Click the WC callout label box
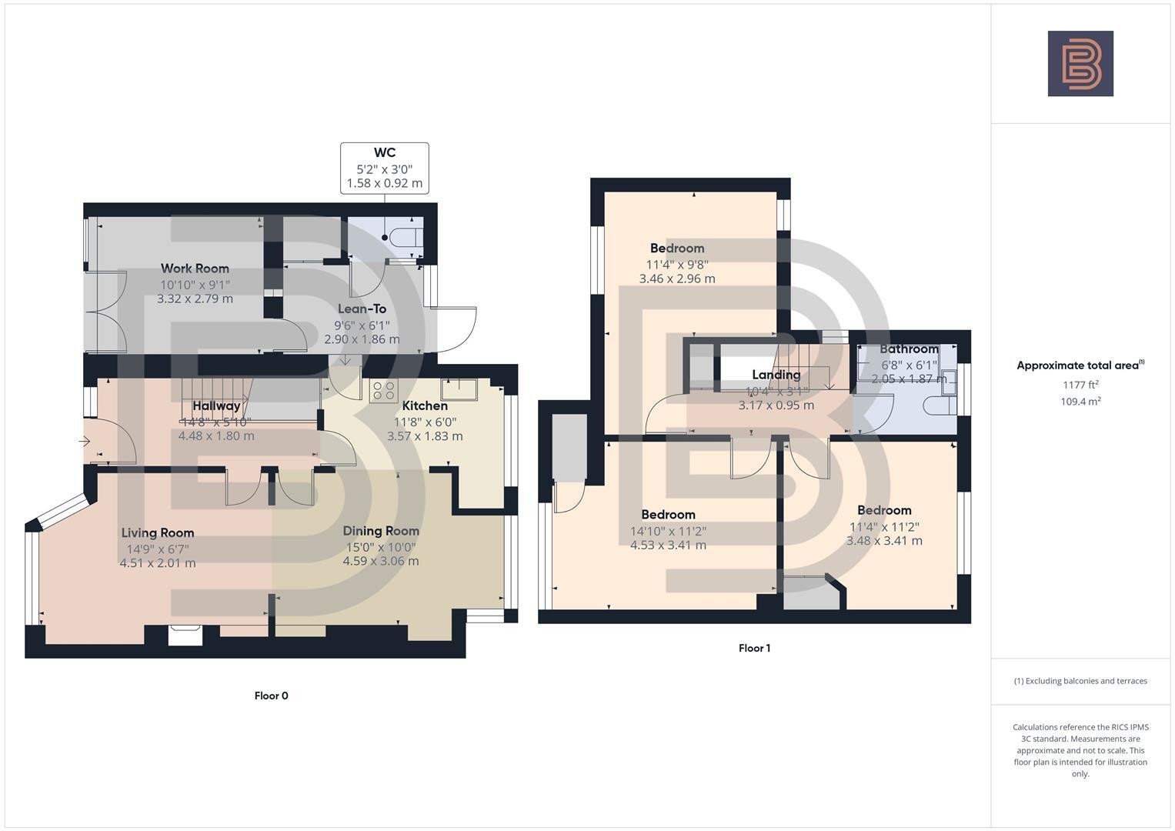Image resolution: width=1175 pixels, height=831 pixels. coord(385,168)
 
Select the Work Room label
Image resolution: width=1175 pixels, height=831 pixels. coord(195,269)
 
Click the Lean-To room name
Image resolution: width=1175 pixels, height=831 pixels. coord(362,309)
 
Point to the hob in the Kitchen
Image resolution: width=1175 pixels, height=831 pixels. coord(383,392)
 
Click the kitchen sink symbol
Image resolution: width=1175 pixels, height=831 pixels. coord(459,389)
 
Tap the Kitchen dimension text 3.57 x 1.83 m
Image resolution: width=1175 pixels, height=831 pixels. coord(425,436)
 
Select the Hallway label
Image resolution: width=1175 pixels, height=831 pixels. coord(216,406)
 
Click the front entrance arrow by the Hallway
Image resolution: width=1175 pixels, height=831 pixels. coord(85,442)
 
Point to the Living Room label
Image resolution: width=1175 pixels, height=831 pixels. coord(158,532)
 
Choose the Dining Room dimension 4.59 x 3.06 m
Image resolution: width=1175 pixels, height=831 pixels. coord(381,561)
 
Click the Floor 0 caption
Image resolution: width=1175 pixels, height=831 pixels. coord(271,696)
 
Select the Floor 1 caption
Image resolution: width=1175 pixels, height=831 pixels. coord(754,648)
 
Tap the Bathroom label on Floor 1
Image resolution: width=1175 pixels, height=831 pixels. coord(909,349)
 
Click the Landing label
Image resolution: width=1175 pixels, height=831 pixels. coord(776,375)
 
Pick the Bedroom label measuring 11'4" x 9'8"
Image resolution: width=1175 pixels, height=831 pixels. coord(677,249)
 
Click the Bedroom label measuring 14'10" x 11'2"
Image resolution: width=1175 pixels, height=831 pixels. coord(668,515)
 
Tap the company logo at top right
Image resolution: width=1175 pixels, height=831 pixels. coord(1080,64)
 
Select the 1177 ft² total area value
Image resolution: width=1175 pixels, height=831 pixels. coord(1080,385)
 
